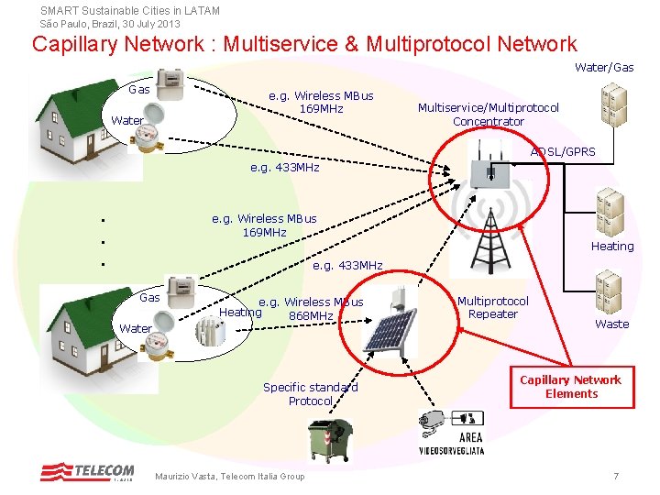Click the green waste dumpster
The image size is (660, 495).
[x=330, y=439]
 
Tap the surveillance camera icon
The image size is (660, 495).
[x=432, y=423]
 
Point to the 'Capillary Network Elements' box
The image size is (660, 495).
[x=572, y=387]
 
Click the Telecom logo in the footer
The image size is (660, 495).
[x=87, y=471]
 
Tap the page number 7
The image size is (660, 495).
[x=616, y=476]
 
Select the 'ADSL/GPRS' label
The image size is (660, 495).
[x=563, y=151]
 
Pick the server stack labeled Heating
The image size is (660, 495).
[x=610, y=212]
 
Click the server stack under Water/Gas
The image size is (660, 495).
[x=613, y=104]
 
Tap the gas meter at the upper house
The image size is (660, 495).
[x=170, y=84]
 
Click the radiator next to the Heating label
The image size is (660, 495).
[x=211, y=331]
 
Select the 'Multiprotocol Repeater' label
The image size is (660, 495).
[x=493, y=308]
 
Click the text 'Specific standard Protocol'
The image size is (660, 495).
[x=311, y=394]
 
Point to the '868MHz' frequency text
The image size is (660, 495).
[x=311, y=315]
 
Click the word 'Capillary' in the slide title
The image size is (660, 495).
[x=76, y=45]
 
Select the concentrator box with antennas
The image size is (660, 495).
[x=489, y=165]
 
